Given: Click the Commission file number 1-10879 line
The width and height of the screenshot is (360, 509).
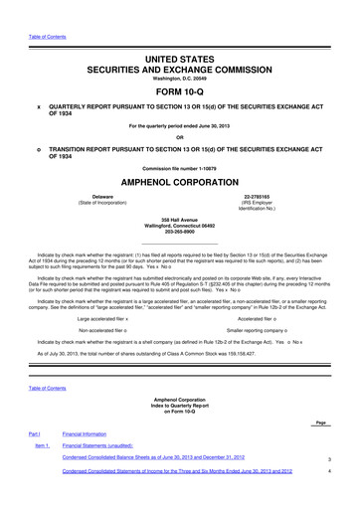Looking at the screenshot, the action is [179, 168].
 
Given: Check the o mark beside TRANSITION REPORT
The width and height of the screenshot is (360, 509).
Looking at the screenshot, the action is [39, 147].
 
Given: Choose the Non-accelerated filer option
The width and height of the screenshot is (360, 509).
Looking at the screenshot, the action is [105, 328].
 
